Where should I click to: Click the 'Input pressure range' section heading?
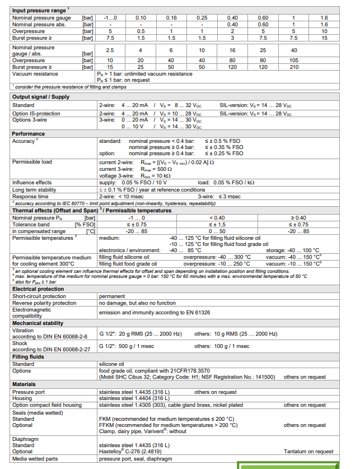coord(39,10)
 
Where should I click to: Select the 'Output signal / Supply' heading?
coord(41,97)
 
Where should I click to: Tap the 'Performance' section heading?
coord(28,134)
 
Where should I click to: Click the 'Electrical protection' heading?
coord(37,289)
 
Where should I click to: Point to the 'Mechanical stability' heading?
coord(38,323)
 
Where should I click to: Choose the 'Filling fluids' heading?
coord(29,356)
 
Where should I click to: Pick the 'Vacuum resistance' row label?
coord(35,74)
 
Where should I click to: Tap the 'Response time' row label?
coord(31,196)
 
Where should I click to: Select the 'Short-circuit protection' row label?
coord(39,296)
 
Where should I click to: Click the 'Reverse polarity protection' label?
coord(44,303)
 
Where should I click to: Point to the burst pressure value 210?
coord(293,67)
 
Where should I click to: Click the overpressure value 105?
coord(293,60)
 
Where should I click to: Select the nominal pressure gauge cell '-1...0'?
coord(110,18)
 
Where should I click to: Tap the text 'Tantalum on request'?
coord(308,451)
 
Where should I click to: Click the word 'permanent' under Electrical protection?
coord(112,296)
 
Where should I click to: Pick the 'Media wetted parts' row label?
coord(36,458)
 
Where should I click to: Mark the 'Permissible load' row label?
coord(32,161)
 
